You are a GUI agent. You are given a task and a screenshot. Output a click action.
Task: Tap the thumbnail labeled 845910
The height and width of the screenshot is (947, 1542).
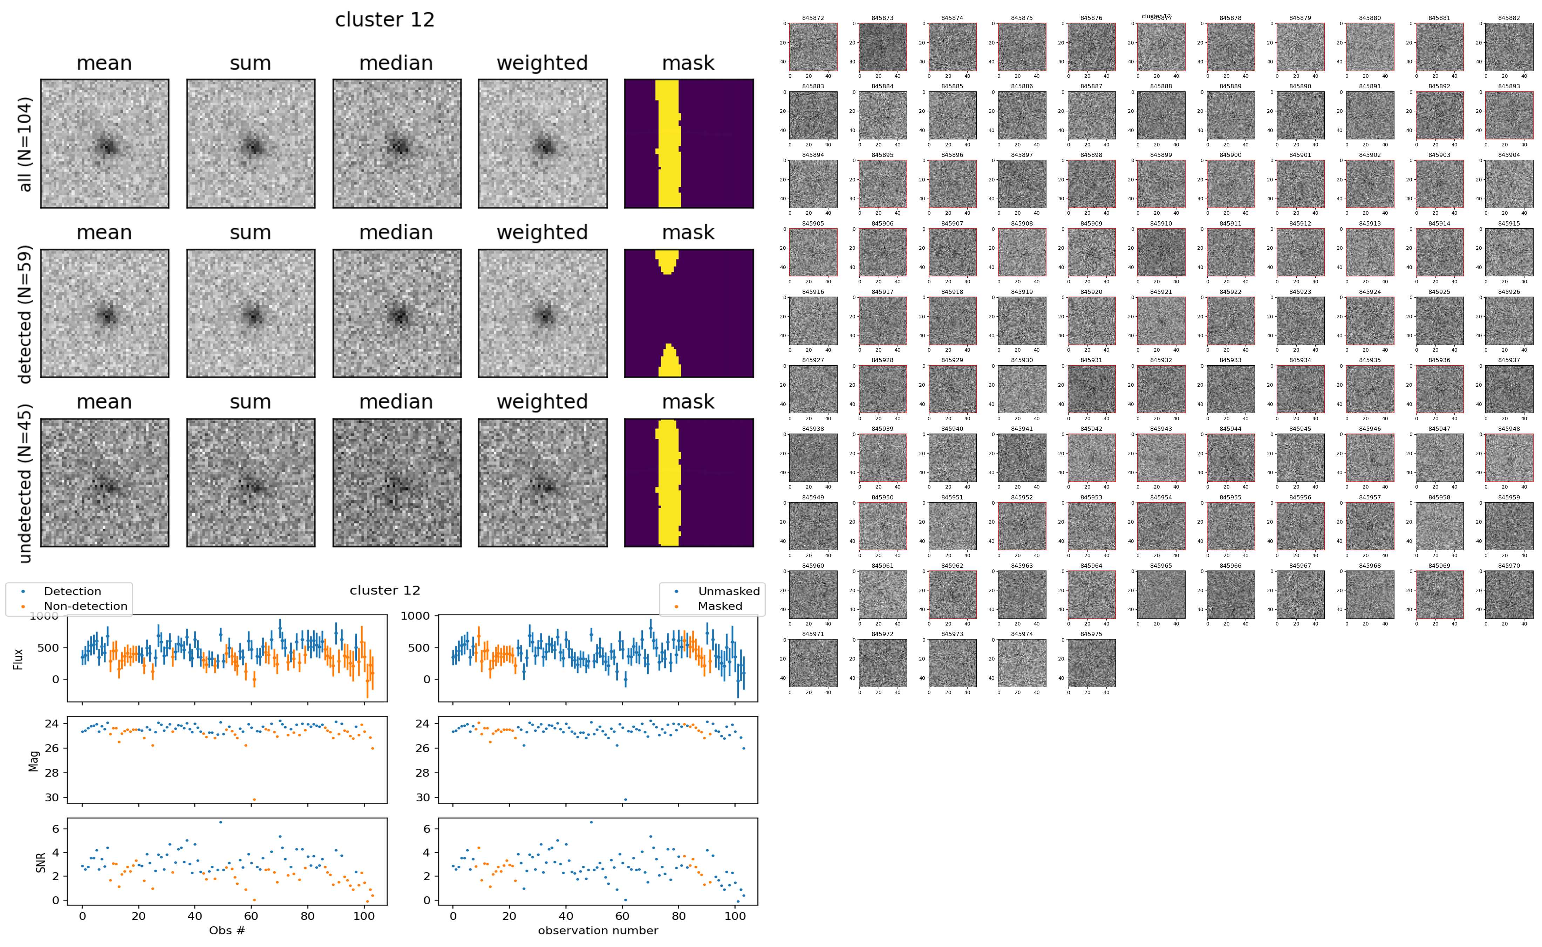tap(1160, 253)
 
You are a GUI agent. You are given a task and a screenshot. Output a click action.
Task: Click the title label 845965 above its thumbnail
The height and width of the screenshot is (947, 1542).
tap(1160, 566)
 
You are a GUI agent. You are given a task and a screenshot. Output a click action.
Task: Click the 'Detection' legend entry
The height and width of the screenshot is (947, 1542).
tap(72, 591)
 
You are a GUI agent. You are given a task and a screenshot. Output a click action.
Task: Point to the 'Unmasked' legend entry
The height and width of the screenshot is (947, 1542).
tap(728, 591)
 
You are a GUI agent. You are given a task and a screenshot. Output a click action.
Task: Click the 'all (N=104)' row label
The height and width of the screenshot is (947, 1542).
tap(25, 144)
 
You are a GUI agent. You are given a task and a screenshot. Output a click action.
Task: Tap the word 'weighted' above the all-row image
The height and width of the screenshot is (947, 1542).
tap(542, 63)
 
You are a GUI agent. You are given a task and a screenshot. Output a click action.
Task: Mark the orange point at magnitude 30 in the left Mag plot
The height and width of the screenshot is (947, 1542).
tap(254, 799)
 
